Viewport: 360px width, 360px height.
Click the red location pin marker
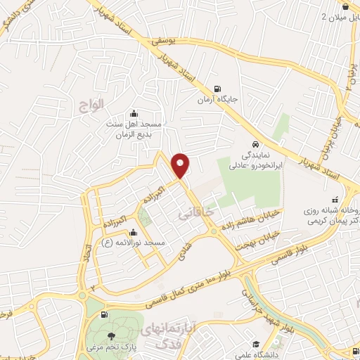point(181,165)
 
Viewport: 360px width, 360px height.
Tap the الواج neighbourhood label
point(91,103)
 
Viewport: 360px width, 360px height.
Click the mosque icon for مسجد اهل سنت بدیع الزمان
point(135,113)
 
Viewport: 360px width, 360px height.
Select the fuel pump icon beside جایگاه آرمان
point(217,89)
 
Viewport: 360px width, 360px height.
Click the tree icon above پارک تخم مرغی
point(110,335)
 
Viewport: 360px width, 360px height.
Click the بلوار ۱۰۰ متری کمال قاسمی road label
point(197,285)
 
